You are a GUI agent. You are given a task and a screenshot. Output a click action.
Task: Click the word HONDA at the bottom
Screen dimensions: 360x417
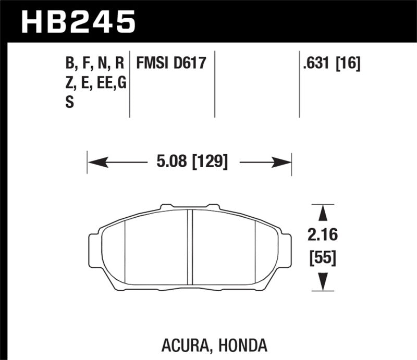point(246,344)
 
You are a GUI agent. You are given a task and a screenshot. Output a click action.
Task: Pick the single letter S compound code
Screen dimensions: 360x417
point(69,103)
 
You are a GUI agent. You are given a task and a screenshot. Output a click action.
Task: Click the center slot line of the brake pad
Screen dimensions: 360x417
point(190,247)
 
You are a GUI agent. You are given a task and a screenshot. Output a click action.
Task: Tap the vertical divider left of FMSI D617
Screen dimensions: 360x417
point(129,83)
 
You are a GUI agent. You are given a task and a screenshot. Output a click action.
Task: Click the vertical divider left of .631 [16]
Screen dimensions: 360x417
point(299,83)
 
